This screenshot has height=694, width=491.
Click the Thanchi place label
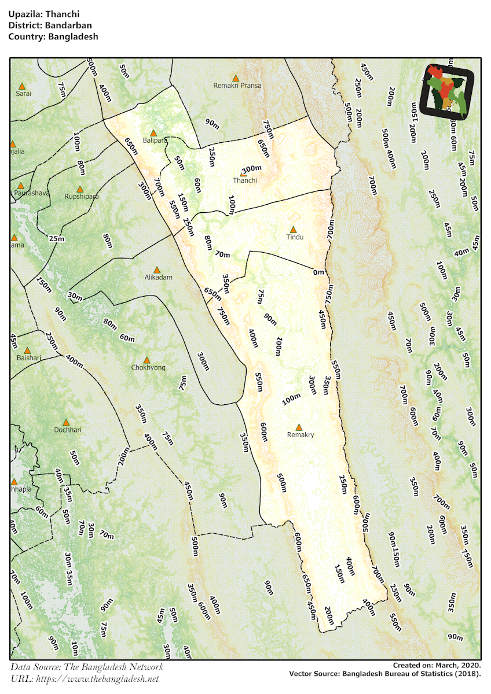click(245, 180)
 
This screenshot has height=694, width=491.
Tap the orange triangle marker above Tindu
click(294, 230)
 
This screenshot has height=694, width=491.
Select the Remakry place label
click(301, 435)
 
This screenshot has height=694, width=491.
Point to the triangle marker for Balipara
click(153, 133)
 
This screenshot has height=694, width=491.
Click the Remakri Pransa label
click(237, 86)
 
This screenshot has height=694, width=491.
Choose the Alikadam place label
click(156, 277)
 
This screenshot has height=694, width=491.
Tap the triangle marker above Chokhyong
click(147, 360)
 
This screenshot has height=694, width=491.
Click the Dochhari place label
click(68, 430)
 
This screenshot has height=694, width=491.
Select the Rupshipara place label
click(81, 196)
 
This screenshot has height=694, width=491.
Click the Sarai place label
click(23, 93)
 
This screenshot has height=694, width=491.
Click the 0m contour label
click(318, 272)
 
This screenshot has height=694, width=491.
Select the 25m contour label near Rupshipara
click(57, 238)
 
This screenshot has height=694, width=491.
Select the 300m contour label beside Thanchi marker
click(252, 169)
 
